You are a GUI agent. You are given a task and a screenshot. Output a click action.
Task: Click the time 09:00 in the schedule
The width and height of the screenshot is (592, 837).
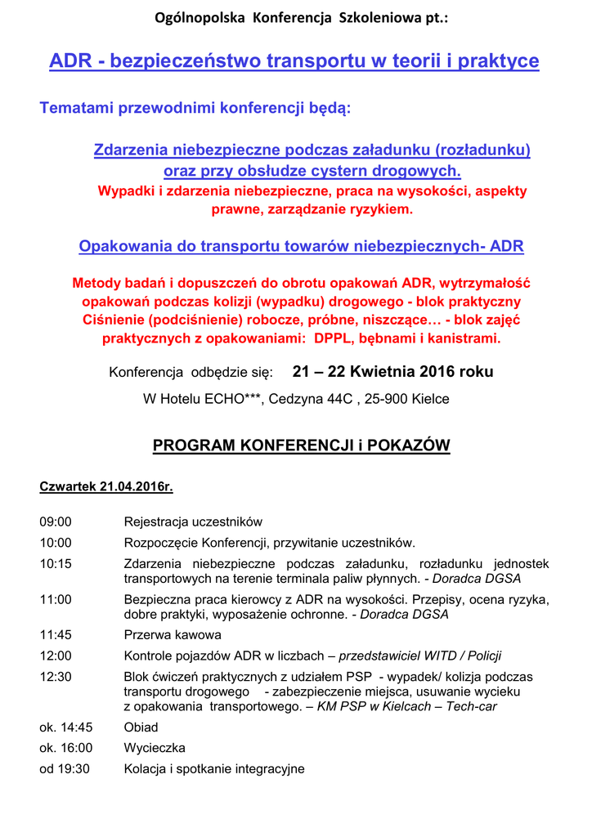[56, 521]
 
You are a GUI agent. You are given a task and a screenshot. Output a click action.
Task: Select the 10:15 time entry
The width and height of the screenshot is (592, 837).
[56, 563]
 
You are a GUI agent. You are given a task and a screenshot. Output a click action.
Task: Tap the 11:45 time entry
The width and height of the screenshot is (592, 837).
[56, 634]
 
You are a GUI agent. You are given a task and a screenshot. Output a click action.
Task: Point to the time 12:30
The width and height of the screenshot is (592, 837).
[56, 677]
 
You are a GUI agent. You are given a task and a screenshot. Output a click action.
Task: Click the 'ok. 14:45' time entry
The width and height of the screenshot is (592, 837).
[66, 727]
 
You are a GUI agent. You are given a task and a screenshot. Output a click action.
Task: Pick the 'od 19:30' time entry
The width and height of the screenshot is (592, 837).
[65, 768]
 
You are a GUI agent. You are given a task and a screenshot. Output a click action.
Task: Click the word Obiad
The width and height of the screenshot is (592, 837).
[141, 727]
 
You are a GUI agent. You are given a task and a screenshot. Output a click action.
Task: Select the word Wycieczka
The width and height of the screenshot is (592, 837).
[155, 748]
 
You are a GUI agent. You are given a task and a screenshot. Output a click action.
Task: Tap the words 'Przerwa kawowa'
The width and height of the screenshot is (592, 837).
[173, 634]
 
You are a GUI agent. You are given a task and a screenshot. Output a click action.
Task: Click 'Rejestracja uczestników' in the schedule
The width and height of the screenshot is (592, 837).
[193, 521]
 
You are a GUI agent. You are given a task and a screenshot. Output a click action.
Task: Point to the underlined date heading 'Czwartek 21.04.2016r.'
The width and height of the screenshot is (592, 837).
[106, 487]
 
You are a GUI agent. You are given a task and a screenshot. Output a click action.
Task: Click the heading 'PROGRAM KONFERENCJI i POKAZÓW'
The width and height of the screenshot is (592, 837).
[302, 445]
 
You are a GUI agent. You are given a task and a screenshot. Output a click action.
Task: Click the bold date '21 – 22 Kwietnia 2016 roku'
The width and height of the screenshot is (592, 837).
[392, 372]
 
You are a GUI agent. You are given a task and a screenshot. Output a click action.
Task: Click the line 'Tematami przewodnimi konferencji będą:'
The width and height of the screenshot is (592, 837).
[195, 108]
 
